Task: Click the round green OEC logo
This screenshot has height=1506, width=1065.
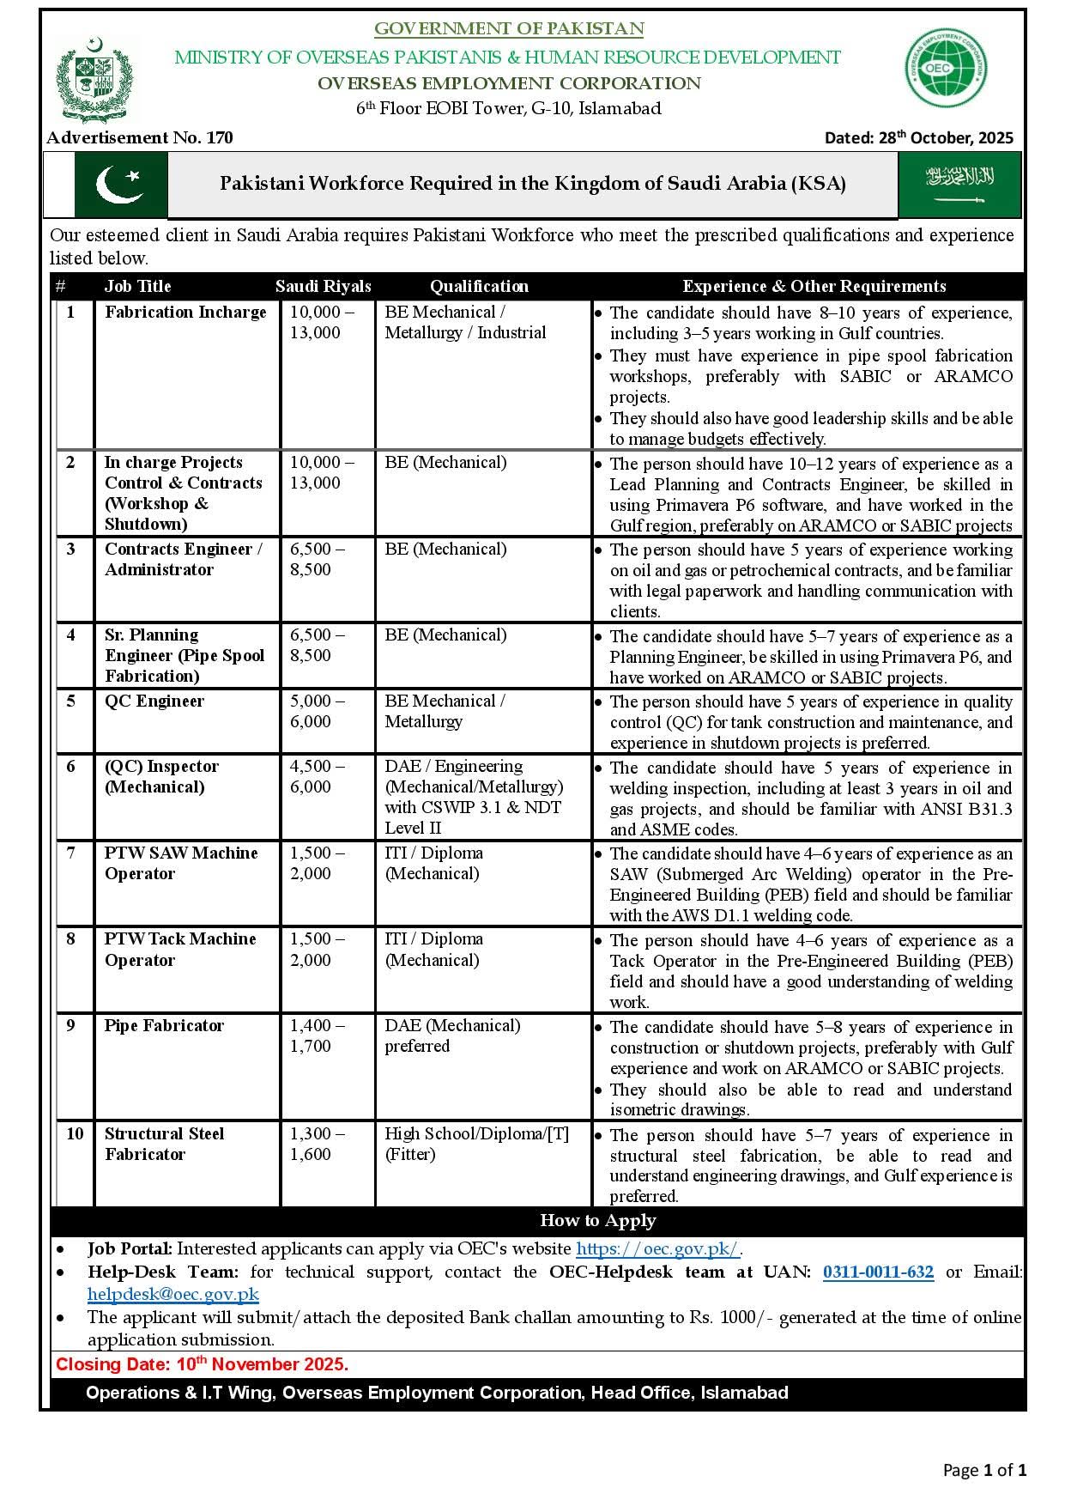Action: click(x=946, y=68)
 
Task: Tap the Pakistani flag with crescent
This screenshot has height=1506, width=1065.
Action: click(x=120, y=185)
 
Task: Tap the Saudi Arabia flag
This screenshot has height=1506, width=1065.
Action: click(x=959, y=185)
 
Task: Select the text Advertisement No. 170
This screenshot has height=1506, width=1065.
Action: click(x=140, y=137)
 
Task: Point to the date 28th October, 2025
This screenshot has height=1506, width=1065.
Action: click(x=918, y=137)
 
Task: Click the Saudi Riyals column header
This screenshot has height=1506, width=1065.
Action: click(x=324, y=287)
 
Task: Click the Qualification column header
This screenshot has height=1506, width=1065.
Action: click(x=479, y=287)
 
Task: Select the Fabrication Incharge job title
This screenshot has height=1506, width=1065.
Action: click(x=185, y=313)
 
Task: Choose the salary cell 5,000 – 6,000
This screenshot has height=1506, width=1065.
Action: click(x=317, y=712)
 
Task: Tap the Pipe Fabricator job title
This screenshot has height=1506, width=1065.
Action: click(x=164, y=1026)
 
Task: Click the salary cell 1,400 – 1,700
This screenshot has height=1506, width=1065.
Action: click(x=317, y=1036)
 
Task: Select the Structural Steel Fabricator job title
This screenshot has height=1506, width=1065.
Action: click(x=164, y=1145)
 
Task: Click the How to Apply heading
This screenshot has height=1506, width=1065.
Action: click(x=597, y=1221)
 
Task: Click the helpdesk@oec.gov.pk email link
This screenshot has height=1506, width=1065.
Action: click(x=172, y=1295)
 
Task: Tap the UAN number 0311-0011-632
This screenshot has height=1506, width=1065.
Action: click(x=878, y=1272)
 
